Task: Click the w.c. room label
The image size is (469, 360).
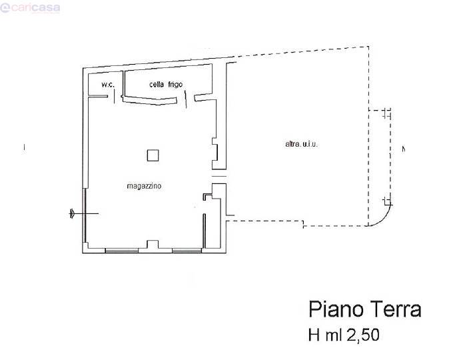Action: pyautogui.click(x=108, y=85)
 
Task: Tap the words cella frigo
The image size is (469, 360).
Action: pyautogui.click(x=166, y=85)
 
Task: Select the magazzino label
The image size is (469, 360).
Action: pyautogui.click(x=144, y=186)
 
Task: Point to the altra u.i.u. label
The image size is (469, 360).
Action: pyautogui.click(x=301, y=144)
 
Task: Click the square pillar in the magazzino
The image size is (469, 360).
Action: pyautogui.click(x=153, y=155)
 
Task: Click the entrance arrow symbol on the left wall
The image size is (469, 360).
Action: pyautogui.click(x=72, y=213)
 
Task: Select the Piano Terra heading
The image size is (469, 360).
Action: pyautogui.click(x=365, y=309)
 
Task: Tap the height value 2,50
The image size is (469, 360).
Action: pyautogui.click(x=363, y=335)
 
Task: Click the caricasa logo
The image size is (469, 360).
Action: pyautogui.click(x=30, y=8)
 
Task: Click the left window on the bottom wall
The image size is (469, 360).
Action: pyautogui.click(x=122, y=250)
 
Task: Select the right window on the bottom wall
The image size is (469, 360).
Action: pyautogui.click(x=187, y=250)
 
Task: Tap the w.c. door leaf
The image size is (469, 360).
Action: pyautogui.click(x=115, y=97)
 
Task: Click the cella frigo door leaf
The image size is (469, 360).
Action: pyautogui.click(x=185, y=99)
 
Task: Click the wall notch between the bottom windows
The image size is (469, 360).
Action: pyautogui.click(x=153, y=244)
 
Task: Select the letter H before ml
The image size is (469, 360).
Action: pyautogui.click(x=314, y=335)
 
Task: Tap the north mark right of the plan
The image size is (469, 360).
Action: pyautogui.click(x=404, y=149)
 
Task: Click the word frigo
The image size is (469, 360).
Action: pyautogui.click(x=175, y=85)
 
